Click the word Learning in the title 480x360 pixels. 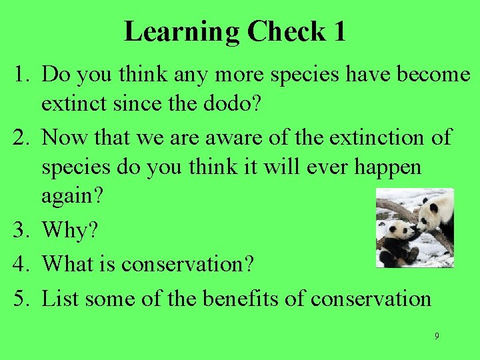[181, 31]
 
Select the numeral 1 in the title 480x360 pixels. [339, 31]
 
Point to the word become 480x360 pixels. [433, 75]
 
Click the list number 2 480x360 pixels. [21, 137]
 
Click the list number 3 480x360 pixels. [21, 231]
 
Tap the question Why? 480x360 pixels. [69, 231]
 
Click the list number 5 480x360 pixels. [21, 298]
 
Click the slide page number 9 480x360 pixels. [437, 336]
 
